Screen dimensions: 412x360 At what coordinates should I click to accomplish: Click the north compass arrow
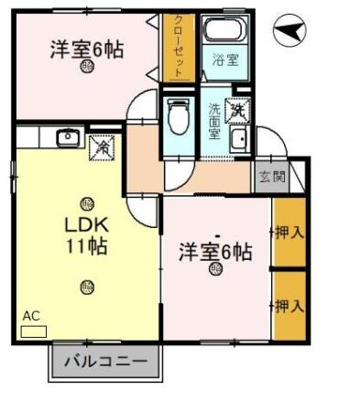289,33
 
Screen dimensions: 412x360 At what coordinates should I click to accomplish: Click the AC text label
31,316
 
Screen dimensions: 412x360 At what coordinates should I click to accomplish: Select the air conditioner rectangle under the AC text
33,330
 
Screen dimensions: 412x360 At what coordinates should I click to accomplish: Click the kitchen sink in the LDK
68,138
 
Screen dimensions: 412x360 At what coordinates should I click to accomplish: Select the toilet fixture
179,116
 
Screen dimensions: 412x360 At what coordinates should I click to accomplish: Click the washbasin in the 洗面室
238,139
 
